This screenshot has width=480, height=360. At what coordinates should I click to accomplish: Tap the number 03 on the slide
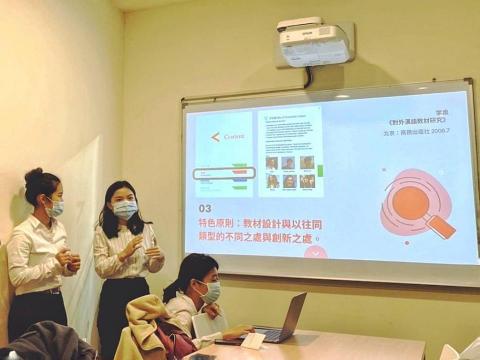199,206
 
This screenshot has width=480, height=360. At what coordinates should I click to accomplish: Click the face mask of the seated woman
211,291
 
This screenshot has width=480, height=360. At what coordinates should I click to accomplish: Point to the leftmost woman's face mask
55,208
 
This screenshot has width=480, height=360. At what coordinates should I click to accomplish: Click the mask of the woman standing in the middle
125,209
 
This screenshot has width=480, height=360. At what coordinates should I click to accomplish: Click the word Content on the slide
233,137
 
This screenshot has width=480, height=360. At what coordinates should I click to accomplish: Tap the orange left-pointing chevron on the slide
214,136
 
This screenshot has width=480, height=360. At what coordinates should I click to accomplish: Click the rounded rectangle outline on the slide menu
223,173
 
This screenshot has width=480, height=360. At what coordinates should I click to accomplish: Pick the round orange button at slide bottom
315,252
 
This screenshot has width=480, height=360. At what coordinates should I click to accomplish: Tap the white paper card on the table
253,340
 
